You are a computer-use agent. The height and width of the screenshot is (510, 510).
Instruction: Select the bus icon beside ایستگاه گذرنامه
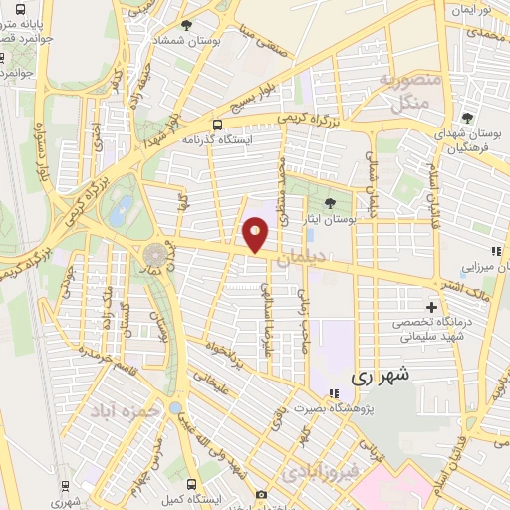click(217, 125)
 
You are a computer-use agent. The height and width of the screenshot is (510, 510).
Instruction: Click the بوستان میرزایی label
click(482, 268)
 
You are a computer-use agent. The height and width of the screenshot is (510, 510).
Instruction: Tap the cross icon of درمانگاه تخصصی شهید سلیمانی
click(430, 307)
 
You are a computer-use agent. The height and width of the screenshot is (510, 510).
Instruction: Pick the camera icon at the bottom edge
click(261, 494)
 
